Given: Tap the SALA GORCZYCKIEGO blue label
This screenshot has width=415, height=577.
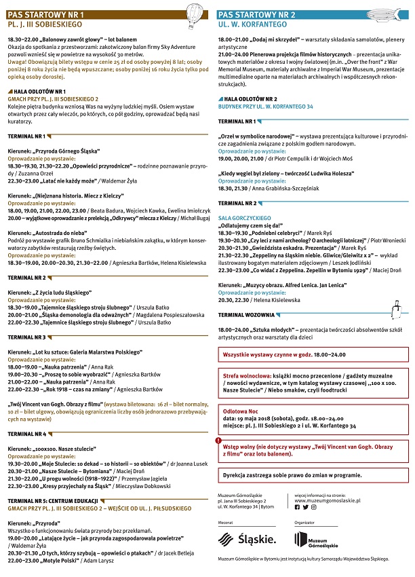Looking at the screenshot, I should point(243,217).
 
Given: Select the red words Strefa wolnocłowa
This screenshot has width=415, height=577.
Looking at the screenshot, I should point(245,374).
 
